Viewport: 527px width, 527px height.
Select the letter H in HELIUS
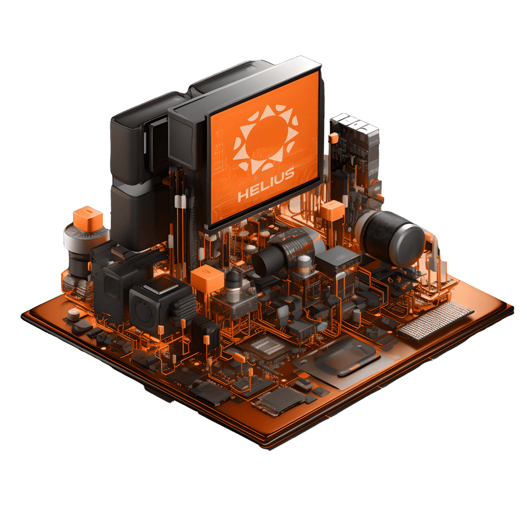click(243, 195)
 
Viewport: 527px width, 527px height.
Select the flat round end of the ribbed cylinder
click(407, 246)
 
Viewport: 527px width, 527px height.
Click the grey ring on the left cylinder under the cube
click(83, 239)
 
